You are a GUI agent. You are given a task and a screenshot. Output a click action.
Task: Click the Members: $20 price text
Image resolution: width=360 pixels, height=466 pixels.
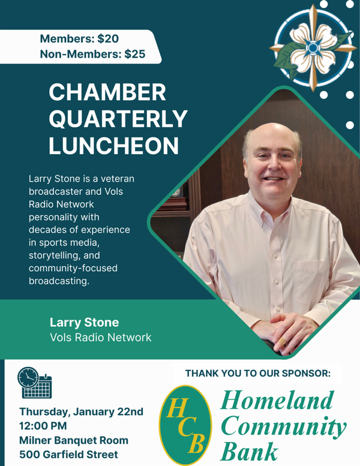tap(79, 39)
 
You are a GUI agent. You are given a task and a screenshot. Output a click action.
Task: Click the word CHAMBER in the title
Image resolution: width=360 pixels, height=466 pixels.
tap(107, 93)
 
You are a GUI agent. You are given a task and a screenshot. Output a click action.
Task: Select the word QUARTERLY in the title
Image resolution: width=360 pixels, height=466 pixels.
tap(118, 119)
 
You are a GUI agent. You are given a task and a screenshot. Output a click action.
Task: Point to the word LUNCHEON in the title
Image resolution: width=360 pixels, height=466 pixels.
tap(113, 146)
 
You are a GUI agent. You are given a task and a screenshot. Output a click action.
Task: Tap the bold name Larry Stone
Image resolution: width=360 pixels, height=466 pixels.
tap(84, 322)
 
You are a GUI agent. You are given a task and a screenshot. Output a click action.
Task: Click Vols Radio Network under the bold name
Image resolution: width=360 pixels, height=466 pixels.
tap(100, 337)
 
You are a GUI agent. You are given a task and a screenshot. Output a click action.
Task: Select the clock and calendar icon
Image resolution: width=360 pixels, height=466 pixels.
tap(35, 383)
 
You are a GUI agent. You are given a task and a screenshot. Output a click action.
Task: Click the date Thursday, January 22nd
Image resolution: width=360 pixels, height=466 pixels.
tap(81, 411)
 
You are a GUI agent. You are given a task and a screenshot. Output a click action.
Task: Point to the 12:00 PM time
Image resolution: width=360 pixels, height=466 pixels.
tap(44, 426)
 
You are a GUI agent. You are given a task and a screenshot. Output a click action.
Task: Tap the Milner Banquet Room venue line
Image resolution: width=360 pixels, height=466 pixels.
tap(74, 440)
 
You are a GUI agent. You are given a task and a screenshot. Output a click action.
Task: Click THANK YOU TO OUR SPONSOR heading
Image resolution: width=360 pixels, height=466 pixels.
tap(258, 373)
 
